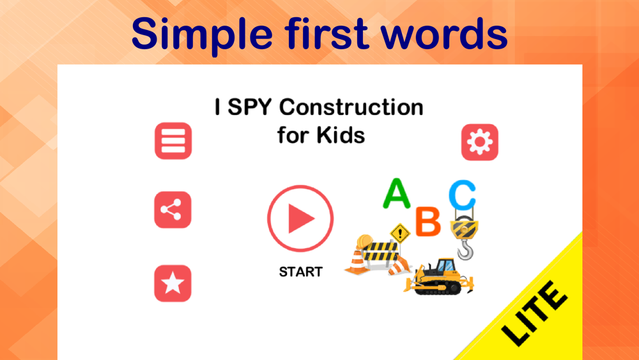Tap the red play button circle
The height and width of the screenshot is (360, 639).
click(300, 218)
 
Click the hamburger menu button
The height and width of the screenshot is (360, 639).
click(173, 141)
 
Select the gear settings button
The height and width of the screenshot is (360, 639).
click(480, 143)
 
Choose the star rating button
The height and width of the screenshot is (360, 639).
click(173, 283)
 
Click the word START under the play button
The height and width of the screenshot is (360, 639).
click(301, 272)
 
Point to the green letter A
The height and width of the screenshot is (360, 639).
click(396, 194)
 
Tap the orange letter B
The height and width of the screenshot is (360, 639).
click(428, 221)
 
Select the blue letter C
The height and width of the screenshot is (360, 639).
click(463, 195)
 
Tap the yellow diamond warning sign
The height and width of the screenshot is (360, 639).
click(400, 233)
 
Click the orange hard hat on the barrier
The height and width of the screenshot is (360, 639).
click(364, 241)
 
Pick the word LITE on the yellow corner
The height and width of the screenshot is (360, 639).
click(534, 313)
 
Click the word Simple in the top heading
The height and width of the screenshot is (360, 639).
click(202, 35)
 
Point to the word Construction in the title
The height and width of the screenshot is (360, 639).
click(351, 107)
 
